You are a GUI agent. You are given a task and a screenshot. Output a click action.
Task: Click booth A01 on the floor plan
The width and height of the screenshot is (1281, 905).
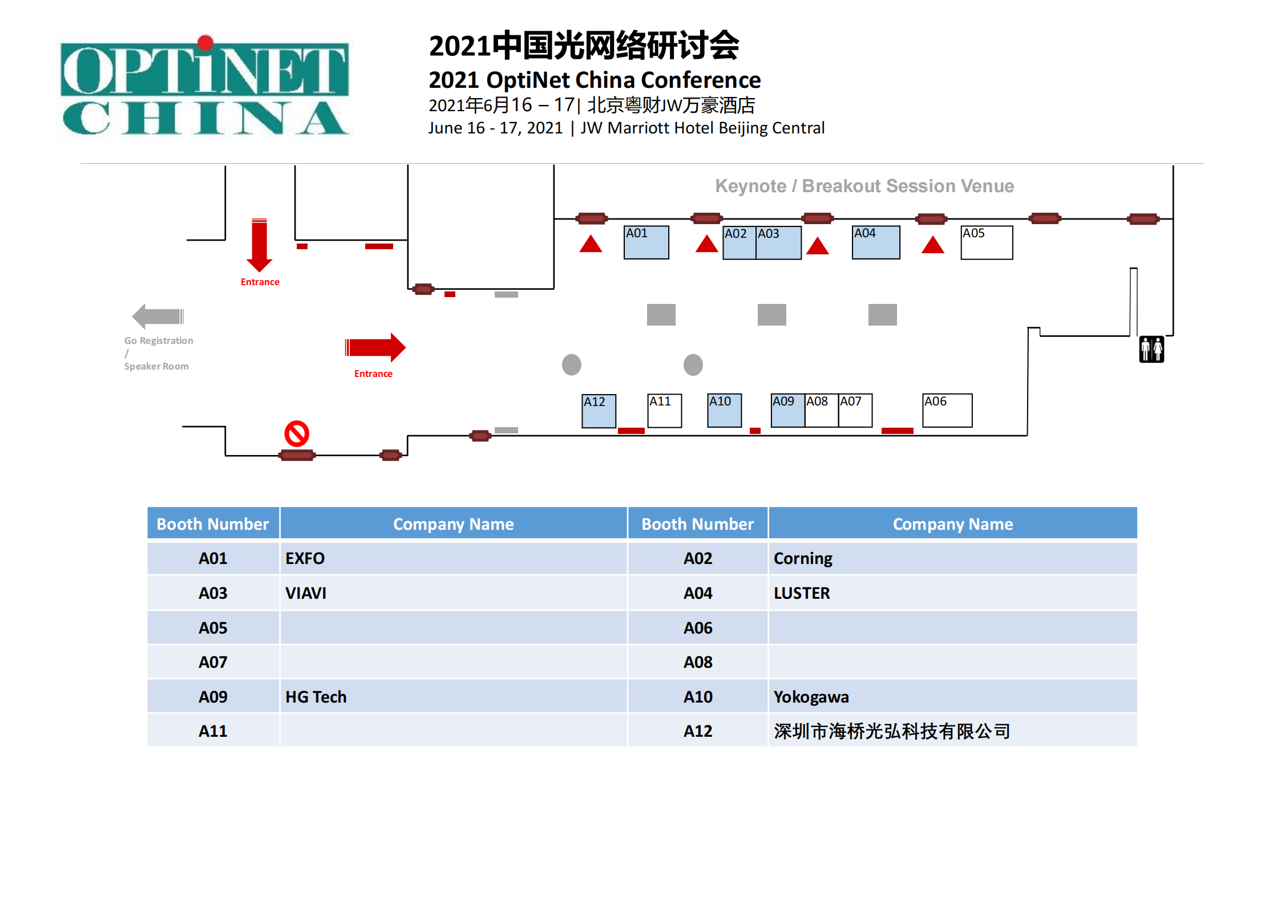[x=646, y=243]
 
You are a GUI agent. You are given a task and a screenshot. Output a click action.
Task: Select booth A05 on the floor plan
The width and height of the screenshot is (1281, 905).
[x=987, y=243]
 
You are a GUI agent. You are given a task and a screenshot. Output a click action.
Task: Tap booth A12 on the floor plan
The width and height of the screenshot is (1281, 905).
[x=599, y=411]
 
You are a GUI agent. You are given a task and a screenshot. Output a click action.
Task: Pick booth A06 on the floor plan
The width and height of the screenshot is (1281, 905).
[x=947, y=411]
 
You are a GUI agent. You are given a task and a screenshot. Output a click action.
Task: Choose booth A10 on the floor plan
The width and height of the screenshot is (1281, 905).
[x=724, y=411]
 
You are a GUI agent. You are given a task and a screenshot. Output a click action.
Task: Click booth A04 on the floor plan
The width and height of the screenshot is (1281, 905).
[x=876, y=243]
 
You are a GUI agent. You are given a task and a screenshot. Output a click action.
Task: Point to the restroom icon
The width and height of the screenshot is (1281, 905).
[x=1151, y=349]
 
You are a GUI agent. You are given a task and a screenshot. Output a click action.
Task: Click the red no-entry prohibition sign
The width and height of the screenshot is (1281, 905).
[x=297, y=434]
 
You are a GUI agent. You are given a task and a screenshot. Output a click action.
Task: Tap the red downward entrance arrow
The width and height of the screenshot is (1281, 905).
[x=260, y=245]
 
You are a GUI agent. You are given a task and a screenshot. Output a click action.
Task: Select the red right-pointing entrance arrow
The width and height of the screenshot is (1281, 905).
[x=375, y=347]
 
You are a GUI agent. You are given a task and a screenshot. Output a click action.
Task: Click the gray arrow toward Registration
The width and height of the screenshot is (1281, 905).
[x=157, y=316]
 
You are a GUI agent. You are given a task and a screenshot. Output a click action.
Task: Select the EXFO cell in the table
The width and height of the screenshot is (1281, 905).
[x=453, y=558]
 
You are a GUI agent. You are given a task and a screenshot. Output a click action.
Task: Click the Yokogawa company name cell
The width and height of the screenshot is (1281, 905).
[x=952, y=697]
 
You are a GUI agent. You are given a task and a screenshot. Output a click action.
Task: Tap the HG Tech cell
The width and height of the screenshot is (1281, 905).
[x=453, y=697]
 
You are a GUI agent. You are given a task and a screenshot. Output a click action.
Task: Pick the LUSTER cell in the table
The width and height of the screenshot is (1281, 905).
[x=952, y=593]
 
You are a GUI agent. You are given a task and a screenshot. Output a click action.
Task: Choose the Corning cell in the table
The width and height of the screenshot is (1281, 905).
[x=952, y=558]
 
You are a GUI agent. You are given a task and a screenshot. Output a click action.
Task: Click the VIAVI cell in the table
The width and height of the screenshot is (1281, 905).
[x=453, y=593]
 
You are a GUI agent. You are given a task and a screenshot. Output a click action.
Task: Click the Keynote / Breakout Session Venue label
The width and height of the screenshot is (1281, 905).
[x=864, y=186]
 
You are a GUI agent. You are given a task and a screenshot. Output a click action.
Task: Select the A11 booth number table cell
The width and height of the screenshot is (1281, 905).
[x=213, y=731]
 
